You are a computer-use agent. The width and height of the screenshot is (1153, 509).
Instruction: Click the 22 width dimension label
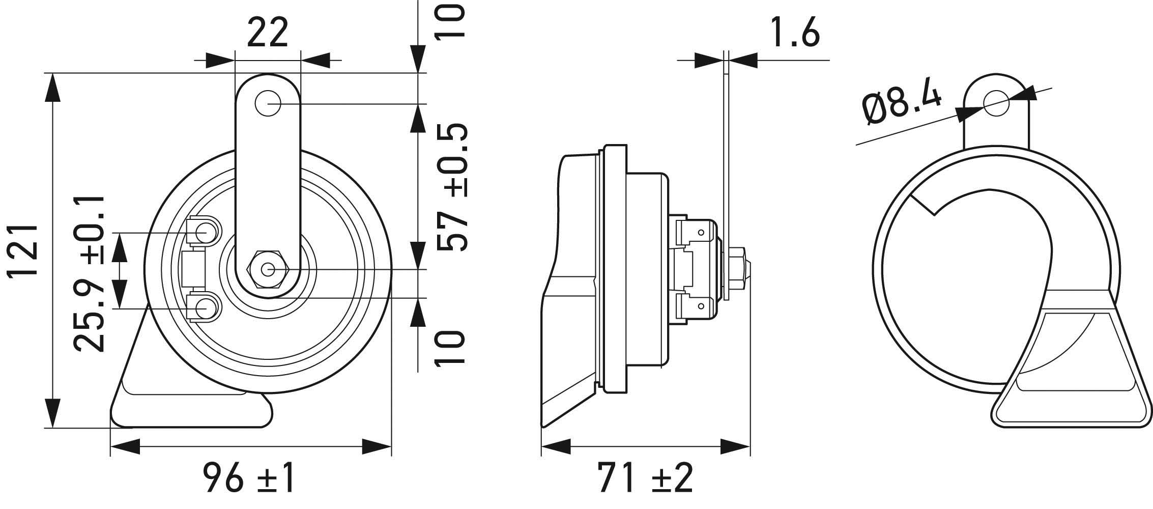pyautogui.click(x=268, y=33)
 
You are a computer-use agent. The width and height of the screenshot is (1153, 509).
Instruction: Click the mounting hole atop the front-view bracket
pyautogui.click(x=268, y=104)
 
